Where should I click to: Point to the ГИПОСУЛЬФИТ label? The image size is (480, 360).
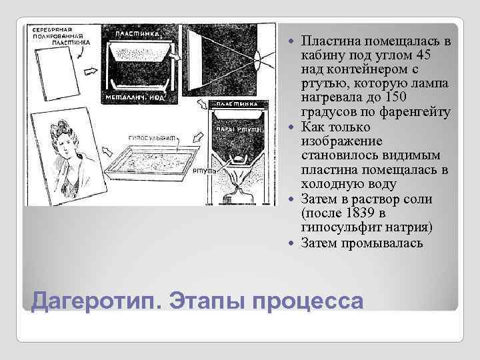pos(149,136)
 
